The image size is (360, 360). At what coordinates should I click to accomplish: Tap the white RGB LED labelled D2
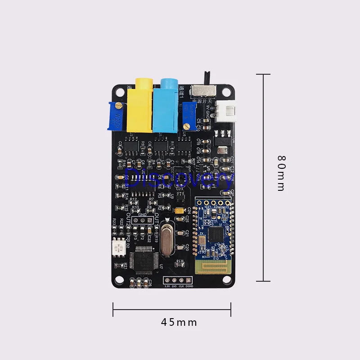(x=118, y=247)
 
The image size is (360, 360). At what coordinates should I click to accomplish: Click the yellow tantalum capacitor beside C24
(x=180, y=210)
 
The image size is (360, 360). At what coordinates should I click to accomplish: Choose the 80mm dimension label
(x=281, y=174)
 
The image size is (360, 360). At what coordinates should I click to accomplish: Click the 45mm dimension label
(x=179, y=322)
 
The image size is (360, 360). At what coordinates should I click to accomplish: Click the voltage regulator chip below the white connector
(x=223, y=141)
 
